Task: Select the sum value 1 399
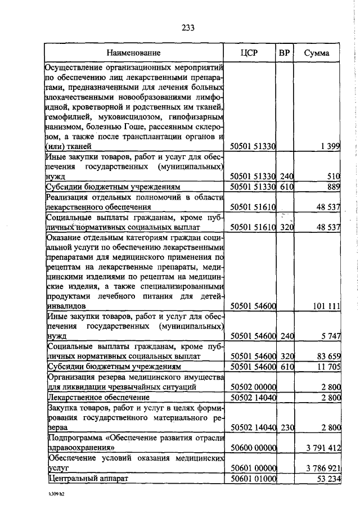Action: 330,146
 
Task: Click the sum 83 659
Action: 327,357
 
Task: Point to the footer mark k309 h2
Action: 56,497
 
